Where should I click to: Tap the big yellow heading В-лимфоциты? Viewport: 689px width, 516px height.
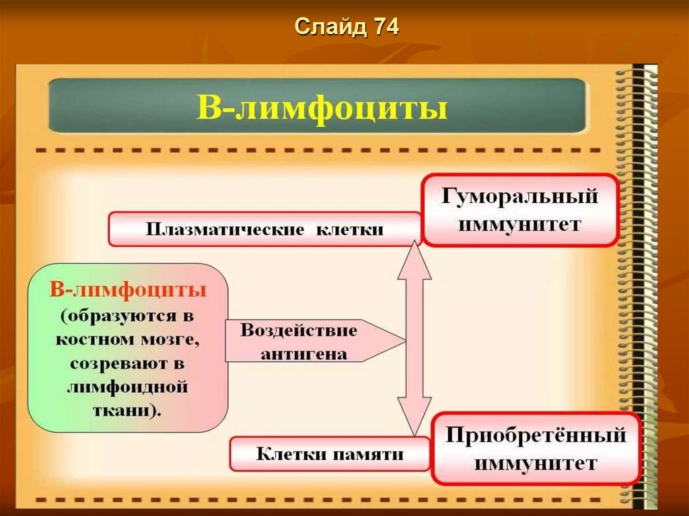322,108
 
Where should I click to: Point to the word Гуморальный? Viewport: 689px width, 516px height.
519,198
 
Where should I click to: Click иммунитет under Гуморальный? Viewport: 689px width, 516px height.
519,223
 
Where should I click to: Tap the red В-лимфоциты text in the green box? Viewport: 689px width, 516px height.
128,290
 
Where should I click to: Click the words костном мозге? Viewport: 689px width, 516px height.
128,340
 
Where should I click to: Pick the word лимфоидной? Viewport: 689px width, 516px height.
127,388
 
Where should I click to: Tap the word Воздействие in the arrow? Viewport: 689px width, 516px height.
299,331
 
